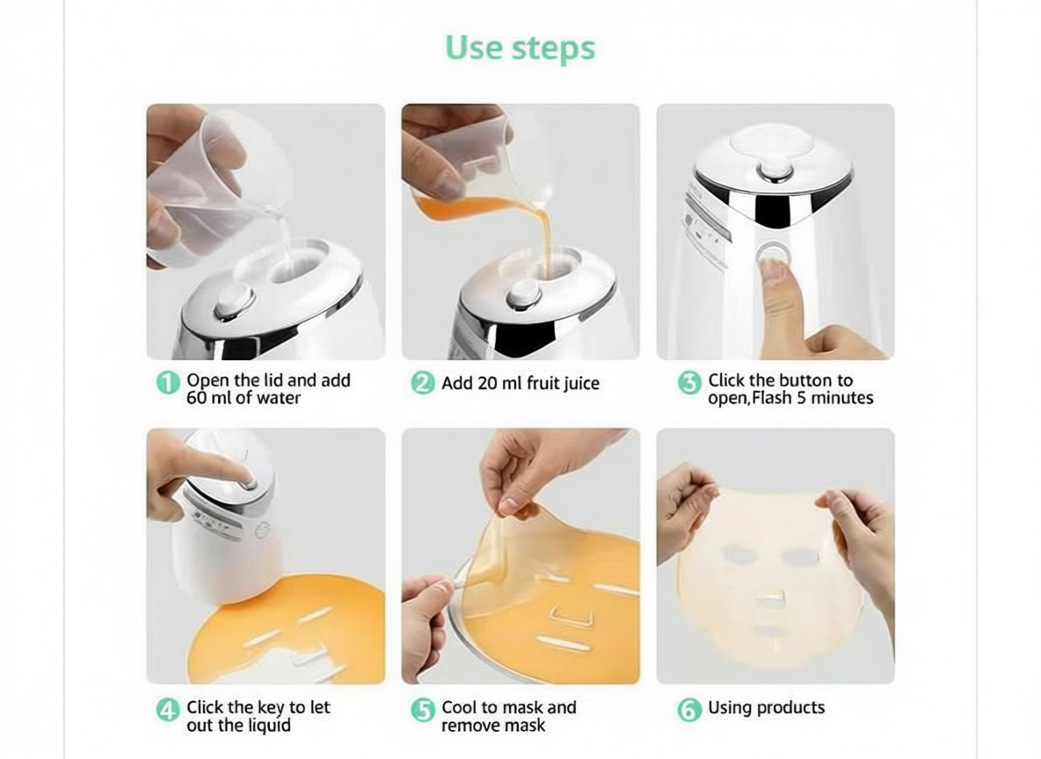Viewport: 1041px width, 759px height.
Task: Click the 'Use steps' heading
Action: pyautogui.click(x=520, y=47)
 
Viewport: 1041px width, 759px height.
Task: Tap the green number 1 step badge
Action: pyautogui.click(x=167, y=384)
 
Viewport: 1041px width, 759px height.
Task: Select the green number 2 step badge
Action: pyautogui.click(x=423, y=383)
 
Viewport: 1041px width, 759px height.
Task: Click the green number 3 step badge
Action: pyautogui.click(x=688, y=383)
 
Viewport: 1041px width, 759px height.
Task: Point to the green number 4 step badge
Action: pyautogui.click(x=167, y=710)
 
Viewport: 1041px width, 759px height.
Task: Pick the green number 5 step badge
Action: pyautogui.click(x=423, y=710)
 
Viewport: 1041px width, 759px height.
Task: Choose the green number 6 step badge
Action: pyautogui.click(x=688, y=709)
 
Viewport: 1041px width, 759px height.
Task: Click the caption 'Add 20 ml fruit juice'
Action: pyautogui.click(x=520, y=383)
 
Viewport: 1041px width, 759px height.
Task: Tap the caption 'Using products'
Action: pyautogui.click(x=766, y=707)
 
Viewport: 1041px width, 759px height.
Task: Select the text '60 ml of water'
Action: pyautogui.click(x=244, y=398)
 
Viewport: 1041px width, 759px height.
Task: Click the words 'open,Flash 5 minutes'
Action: pyautogui.click(x=790, y=398)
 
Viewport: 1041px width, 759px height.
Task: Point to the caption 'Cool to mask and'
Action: pyautogui.click(x=508, y=707)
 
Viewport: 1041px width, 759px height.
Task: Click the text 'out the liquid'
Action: pyautogui.click(x=238, y=726)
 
